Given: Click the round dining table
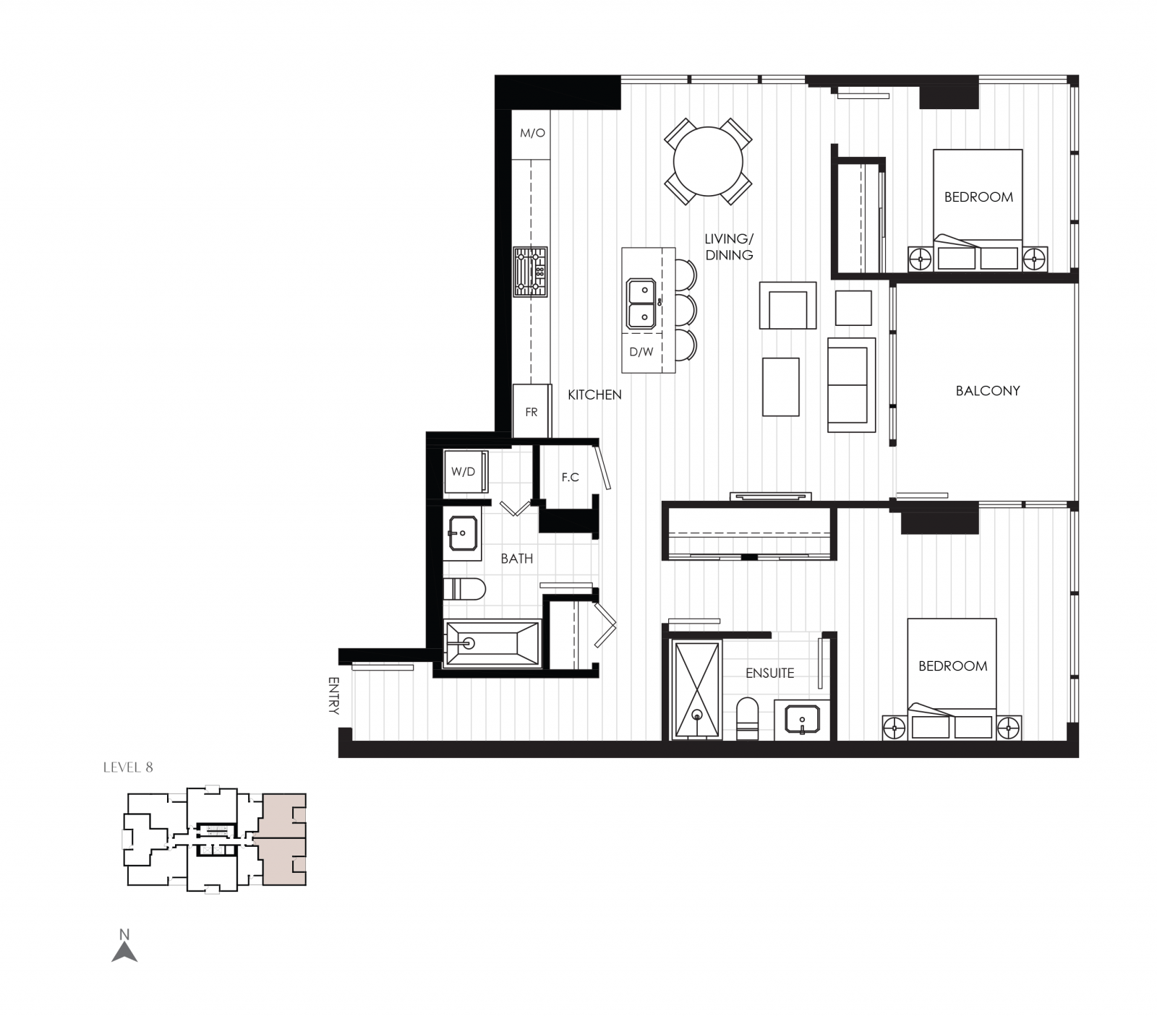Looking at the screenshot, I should [x=708, y=161].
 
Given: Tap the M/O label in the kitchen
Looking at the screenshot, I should [x=532, y=134].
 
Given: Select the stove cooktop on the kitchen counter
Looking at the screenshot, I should [x=531, y=272].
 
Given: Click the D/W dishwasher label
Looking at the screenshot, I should [x=641, y=353].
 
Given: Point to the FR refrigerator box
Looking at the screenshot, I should [x=531, y=412].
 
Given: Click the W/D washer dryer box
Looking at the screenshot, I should [x=464, y=472].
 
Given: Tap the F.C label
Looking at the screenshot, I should [x=571, y=478].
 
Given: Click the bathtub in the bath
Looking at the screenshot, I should [x=491, y=642].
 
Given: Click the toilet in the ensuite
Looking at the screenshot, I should [x=747, y=718].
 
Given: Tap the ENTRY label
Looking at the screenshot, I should [x=333, y=695].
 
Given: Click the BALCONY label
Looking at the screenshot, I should [x=987, y=391].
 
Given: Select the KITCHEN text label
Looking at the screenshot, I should [x=594, y=395].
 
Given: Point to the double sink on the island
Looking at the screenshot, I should [x=641, y=303].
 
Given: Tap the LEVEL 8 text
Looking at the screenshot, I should [x=128, y=767].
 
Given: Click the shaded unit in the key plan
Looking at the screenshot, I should [x=283, y=839].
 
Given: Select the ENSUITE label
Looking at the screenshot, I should [x=769, y=673].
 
